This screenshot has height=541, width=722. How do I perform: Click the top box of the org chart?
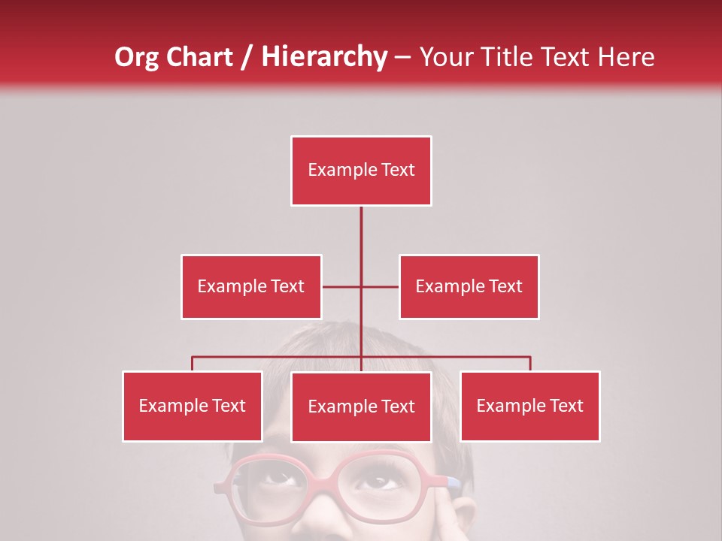361,171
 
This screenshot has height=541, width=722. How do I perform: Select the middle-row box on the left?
251,286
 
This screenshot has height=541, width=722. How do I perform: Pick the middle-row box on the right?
469,286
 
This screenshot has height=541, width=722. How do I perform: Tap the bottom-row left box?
193,406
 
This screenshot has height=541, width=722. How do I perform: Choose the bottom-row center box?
361,407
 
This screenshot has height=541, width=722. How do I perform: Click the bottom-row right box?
530,406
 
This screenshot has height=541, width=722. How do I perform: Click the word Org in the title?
138,57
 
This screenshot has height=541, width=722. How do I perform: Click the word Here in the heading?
626,57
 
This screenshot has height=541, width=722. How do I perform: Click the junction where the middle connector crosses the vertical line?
361,286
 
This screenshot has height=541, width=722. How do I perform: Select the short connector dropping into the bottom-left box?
193,364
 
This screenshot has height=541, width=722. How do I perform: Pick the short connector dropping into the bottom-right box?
530,364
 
